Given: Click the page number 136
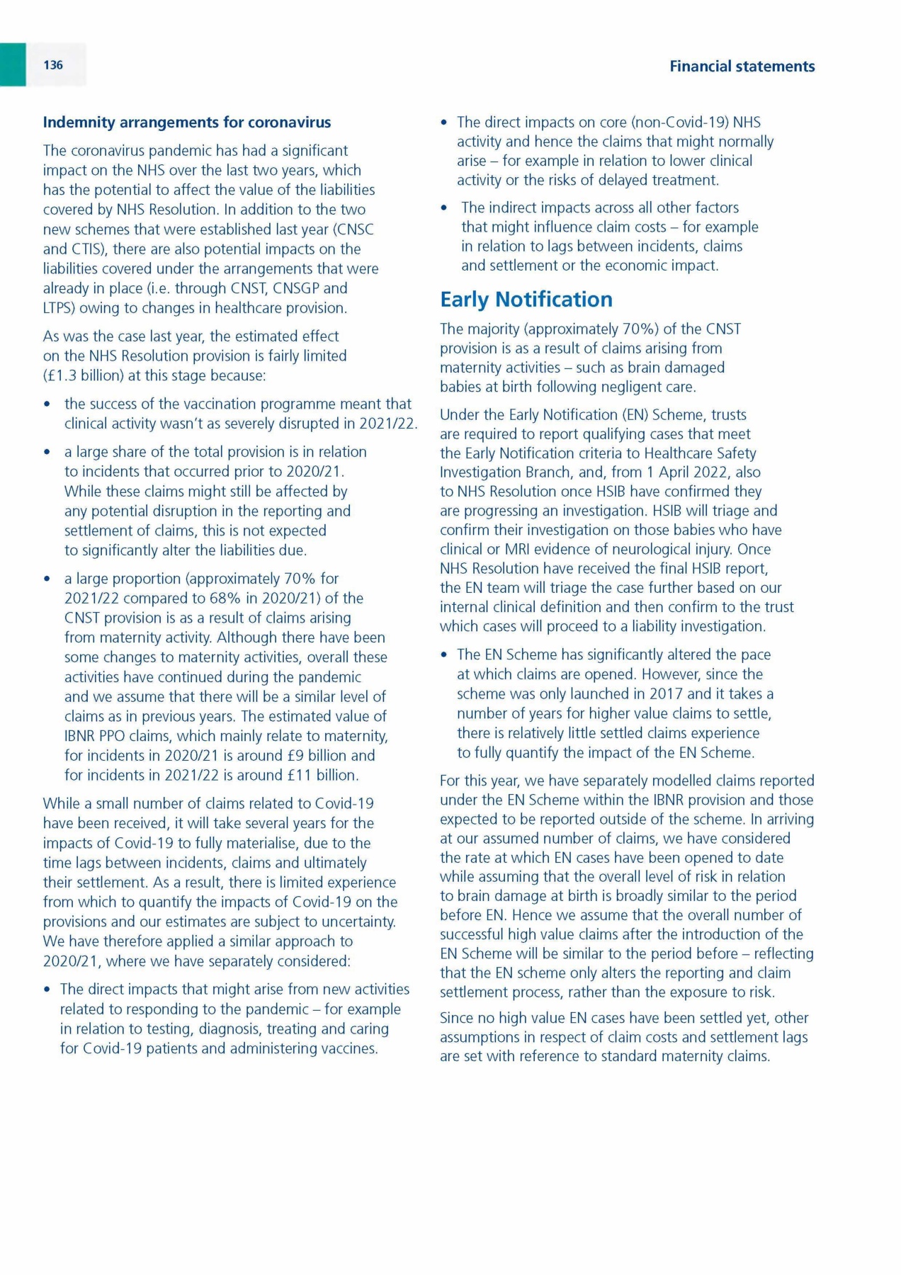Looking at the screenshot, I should [x=53, y=65].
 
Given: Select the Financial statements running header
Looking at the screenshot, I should [x=742, y=67].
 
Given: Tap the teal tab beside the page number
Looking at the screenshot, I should [x=13, y=64].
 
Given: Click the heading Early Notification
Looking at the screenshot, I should [x=526, y=300].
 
